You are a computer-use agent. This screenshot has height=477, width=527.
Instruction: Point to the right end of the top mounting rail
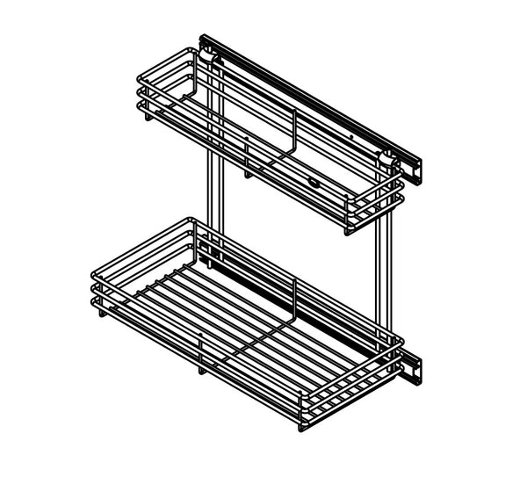point(419,172)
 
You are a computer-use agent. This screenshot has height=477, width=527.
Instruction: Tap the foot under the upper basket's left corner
point(148,118)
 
